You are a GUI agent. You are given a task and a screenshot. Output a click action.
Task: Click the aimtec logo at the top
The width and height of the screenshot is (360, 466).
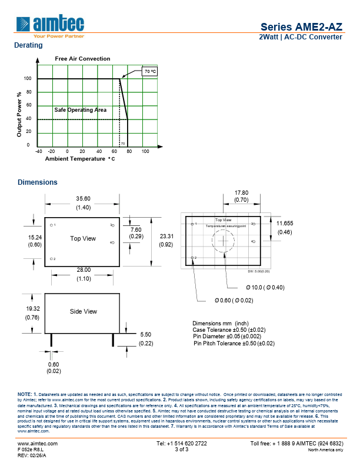click(51, 25)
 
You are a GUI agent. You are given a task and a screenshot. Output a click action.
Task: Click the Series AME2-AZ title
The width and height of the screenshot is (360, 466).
click(301, 26)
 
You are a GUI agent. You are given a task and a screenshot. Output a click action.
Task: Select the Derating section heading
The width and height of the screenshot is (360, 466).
click(28, 45)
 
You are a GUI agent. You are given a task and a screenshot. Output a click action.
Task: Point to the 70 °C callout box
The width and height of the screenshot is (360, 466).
click(149, 71)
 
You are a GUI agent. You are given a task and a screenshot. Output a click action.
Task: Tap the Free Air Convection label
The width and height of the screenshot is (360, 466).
click(82, 59)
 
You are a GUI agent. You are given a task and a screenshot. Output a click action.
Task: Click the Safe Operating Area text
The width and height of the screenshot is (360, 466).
click(81, 110)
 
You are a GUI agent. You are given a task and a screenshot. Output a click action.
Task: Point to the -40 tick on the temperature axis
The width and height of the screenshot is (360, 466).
click(39, 151)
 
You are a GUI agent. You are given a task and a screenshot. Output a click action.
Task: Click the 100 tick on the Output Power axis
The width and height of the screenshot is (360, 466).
click(27, 78)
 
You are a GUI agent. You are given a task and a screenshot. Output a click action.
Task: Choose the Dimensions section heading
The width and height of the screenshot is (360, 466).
click(38, 182)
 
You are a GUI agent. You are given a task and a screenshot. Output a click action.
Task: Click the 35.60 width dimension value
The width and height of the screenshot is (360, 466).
click(82, 198)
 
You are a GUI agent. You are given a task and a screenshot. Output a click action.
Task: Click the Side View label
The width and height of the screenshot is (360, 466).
click(83, 311)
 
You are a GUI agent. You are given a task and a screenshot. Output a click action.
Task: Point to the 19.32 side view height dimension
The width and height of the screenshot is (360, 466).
click(32, 308)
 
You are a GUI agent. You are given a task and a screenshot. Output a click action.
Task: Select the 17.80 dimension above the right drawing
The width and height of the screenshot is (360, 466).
click(242, 192)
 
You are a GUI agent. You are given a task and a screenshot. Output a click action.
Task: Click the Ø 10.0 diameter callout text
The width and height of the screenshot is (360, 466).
click(265, 287)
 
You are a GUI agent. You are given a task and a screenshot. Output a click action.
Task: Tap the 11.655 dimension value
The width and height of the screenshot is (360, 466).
click(285, 224)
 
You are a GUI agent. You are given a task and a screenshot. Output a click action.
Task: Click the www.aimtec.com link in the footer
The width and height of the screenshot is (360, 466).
click(38, 443)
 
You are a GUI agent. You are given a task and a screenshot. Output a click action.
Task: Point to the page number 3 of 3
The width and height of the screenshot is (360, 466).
click(182, 450)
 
